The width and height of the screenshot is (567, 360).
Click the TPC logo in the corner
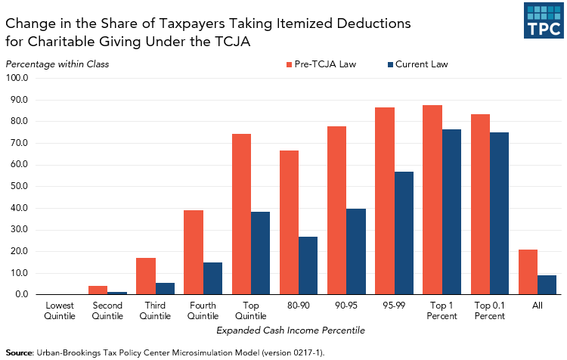point(544,20)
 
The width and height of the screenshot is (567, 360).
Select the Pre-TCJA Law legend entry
point(321,64)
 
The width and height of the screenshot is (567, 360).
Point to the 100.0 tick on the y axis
point(17,78)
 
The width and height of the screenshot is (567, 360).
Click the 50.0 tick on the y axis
point(17,186)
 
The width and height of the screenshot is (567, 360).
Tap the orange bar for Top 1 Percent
point(432,200)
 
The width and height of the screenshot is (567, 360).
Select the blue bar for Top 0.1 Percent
point(499,213)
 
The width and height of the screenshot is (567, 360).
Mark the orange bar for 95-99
point(385,200)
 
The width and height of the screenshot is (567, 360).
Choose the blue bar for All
point(547,284)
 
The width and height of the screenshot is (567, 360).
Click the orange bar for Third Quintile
point(146,276)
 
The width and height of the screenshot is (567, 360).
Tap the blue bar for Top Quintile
point(260,253)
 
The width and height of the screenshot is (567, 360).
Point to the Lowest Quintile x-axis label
point(59,310)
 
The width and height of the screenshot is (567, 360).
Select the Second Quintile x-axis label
point(107,310)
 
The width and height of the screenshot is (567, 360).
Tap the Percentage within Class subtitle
point(57,64)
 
